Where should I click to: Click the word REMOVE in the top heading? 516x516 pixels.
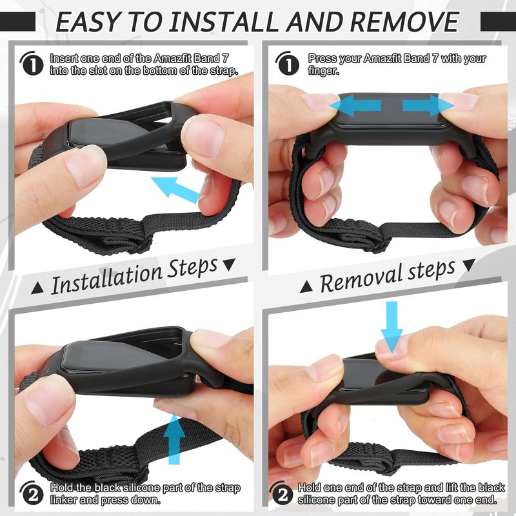coord(404,22)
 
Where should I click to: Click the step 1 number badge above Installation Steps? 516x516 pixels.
coord(32,63)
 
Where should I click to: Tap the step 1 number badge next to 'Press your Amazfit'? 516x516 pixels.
coord(288,63)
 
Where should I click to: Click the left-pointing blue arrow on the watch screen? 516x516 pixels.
coord(355,106)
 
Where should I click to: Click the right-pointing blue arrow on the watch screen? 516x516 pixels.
coord(428,106)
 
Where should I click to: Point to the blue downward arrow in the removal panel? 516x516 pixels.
coord(392,327)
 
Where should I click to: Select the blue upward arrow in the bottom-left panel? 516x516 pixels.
coord(174,439)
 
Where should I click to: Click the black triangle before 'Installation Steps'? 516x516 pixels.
coord(37,288)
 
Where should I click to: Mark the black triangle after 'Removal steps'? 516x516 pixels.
coord(469,265)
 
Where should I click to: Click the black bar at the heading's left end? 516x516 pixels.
coord(18,22)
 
